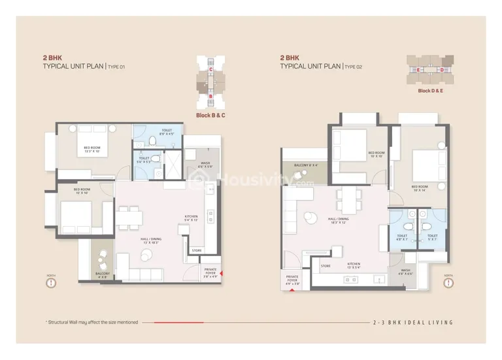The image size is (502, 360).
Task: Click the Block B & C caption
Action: pos(210,115)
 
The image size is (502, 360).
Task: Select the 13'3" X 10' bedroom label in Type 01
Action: pos(92,150)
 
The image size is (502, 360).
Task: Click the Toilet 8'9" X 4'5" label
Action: pos(166,132)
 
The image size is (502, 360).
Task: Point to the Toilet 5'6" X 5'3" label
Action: pos(144,159)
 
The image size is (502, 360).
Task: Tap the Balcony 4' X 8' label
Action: pos(103,275)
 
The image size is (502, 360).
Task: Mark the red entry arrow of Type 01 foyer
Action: pos(222,273)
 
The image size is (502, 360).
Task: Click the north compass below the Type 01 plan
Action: pos(52,284)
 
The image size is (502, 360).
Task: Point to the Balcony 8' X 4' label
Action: pos(305,165)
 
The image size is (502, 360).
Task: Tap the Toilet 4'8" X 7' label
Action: pos(402,237)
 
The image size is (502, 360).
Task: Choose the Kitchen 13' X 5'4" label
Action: pos(354,266)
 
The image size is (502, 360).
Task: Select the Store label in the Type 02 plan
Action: pos(325,266)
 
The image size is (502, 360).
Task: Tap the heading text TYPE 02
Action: pos(353,67)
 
